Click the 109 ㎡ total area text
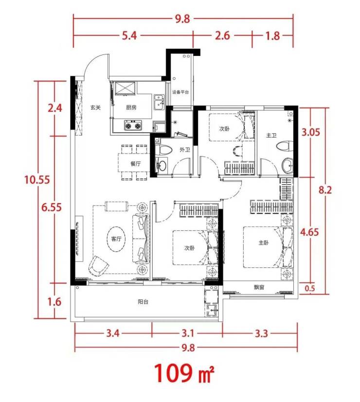[184, 373]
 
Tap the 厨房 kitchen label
[131, 107]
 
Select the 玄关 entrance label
[95, 107]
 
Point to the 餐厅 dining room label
[135, 163]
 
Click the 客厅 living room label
[116, 239]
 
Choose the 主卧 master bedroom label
[264, 242]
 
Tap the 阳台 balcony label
[143, 302]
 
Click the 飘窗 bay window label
[259, 287]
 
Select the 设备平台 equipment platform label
[180, 92]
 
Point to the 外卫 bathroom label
[185, 150]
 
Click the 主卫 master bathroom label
[271, 135]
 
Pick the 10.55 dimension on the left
[37, 179]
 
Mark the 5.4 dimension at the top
[129, 35]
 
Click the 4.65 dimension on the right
[309, 232]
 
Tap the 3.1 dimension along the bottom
[188, 333]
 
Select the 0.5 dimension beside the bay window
[310, 288]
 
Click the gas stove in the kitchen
[133, 125]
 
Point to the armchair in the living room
[98, 265]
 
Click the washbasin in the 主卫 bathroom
[288, 166]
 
